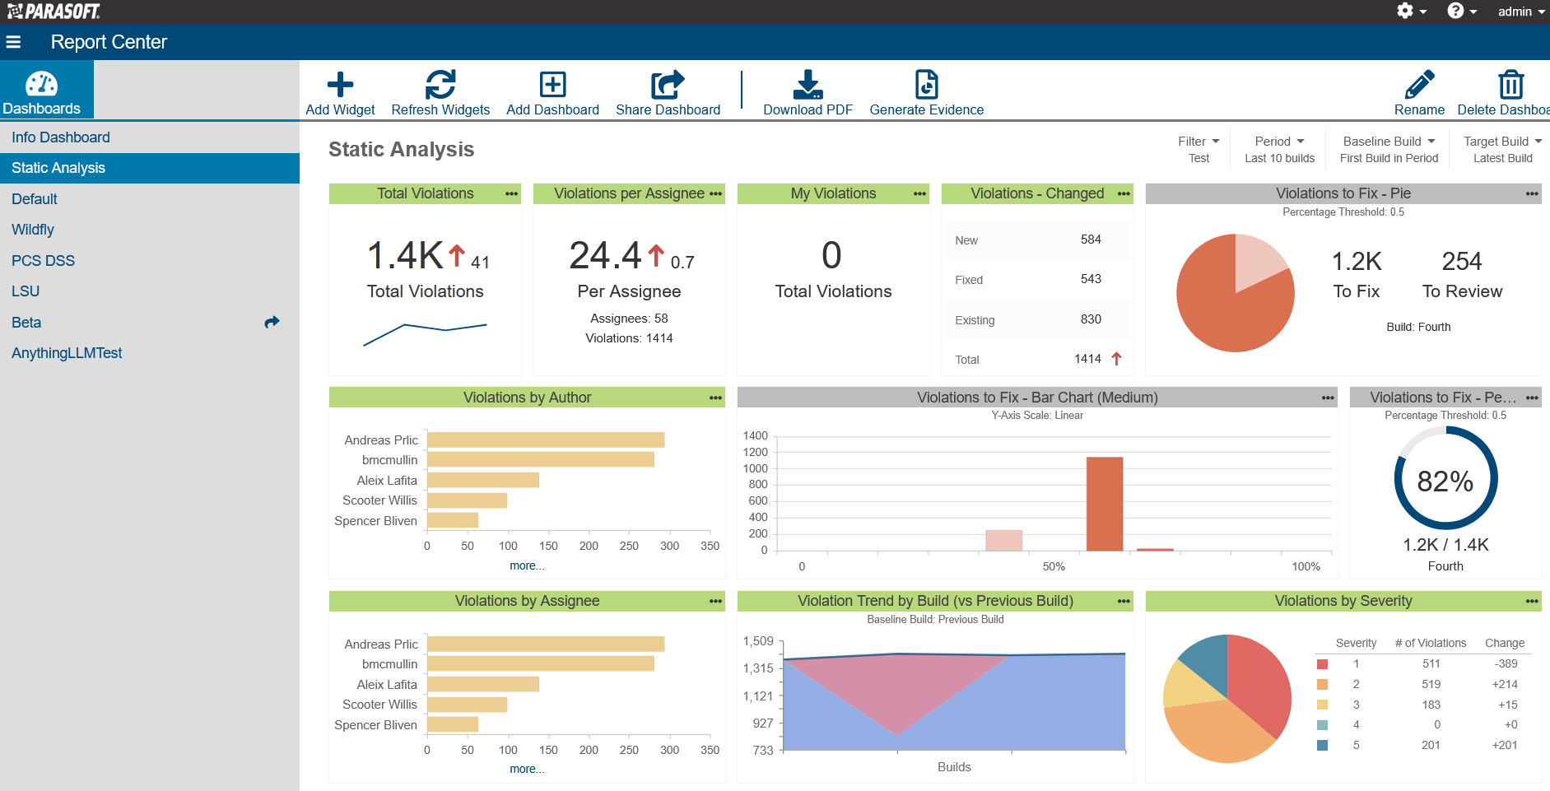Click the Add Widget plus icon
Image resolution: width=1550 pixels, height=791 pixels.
[340, 85]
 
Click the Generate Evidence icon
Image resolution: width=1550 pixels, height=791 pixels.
[926, 85]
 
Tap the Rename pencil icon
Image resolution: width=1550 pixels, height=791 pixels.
[1419, 85]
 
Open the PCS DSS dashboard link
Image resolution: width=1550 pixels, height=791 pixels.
[43, 261]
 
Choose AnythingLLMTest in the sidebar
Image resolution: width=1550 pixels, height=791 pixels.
[67, 353]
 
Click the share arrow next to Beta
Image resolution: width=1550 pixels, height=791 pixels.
[272, 323]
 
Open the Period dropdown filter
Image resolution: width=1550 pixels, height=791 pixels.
[1279, 142]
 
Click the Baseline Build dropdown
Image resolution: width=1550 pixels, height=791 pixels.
[1389, 142]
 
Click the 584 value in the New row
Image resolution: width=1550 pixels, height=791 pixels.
[1091, 240]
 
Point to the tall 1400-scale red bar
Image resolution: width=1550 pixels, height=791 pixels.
[1104, 503]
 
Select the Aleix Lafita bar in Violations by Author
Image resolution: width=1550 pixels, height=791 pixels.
[482, 480]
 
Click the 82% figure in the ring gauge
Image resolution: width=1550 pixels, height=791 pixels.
[1445, 481]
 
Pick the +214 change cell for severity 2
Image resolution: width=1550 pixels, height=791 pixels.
[1504, 684]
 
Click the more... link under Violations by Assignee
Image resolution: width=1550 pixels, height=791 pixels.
[527, 769]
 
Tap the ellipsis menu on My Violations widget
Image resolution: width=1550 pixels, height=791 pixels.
[919, 194]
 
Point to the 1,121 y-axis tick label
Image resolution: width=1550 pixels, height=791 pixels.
[758, 696]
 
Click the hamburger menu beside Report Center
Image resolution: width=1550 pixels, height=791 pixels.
[13, 42]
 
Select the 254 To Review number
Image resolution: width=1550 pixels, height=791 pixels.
[1461, 262]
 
